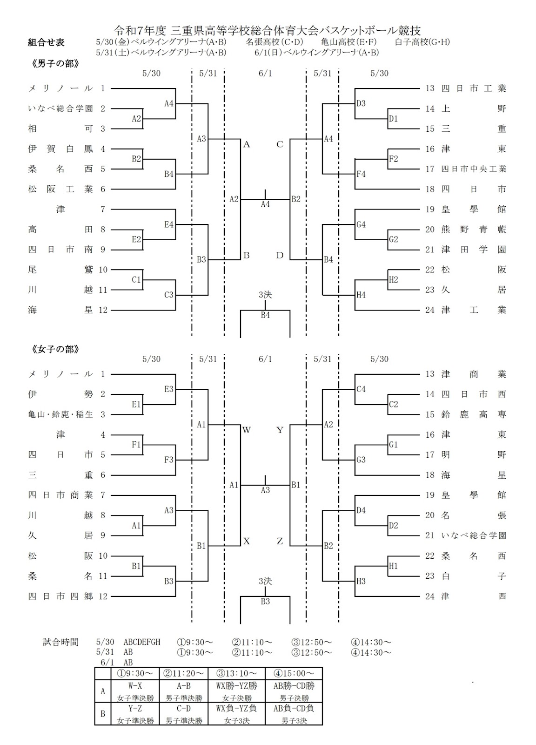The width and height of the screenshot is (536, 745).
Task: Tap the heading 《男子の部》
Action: [x=55, y=63]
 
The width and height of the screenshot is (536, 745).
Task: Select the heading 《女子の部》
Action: [x=55, y=349]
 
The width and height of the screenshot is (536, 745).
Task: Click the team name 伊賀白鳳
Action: [x=60, y=149]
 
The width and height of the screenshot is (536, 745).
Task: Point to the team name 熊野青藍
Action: [x=474, y=229]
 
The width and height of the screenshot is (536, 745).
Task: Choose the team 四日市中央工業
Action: [x=474, y=169]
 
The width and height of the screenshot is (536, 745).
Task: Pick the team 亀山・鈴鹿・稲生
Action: [x=60, y=414]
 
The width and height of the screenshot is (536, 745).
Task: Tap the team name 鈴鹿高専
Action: [x=474, y=414]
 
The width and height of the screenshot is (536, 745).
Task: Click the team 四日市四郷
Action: [x=60, y=596]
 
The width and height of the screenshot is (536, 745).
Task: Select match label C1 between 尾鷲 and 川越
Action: [x=136, y=280]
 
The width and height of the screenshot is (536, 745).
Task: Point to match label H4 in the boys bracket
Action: [x=361, y=295]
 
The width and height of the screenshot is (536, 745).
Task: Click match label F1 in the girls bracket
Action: [x=136, y=445]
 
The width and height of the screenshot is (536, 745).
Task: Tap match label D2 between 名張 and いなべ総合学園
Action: [x=394, y=526]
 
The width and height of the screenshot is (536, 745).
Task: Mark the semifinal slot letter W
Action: [x=246, y=430]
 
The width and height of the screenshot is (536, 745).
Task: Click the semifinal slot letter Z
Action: [x=280, y=542]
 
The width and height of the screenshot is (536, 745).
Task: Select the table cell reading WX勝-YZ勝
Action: [x=237, y=686]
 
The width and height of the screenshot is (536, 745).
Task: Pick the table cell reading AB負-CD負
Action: [x=294, y=708]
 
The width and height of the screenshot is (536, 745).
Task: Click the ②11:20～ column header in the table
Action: [x=183, y=673]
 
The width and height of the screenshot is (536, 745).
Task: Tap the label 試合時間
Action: [x=60, y=642]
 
